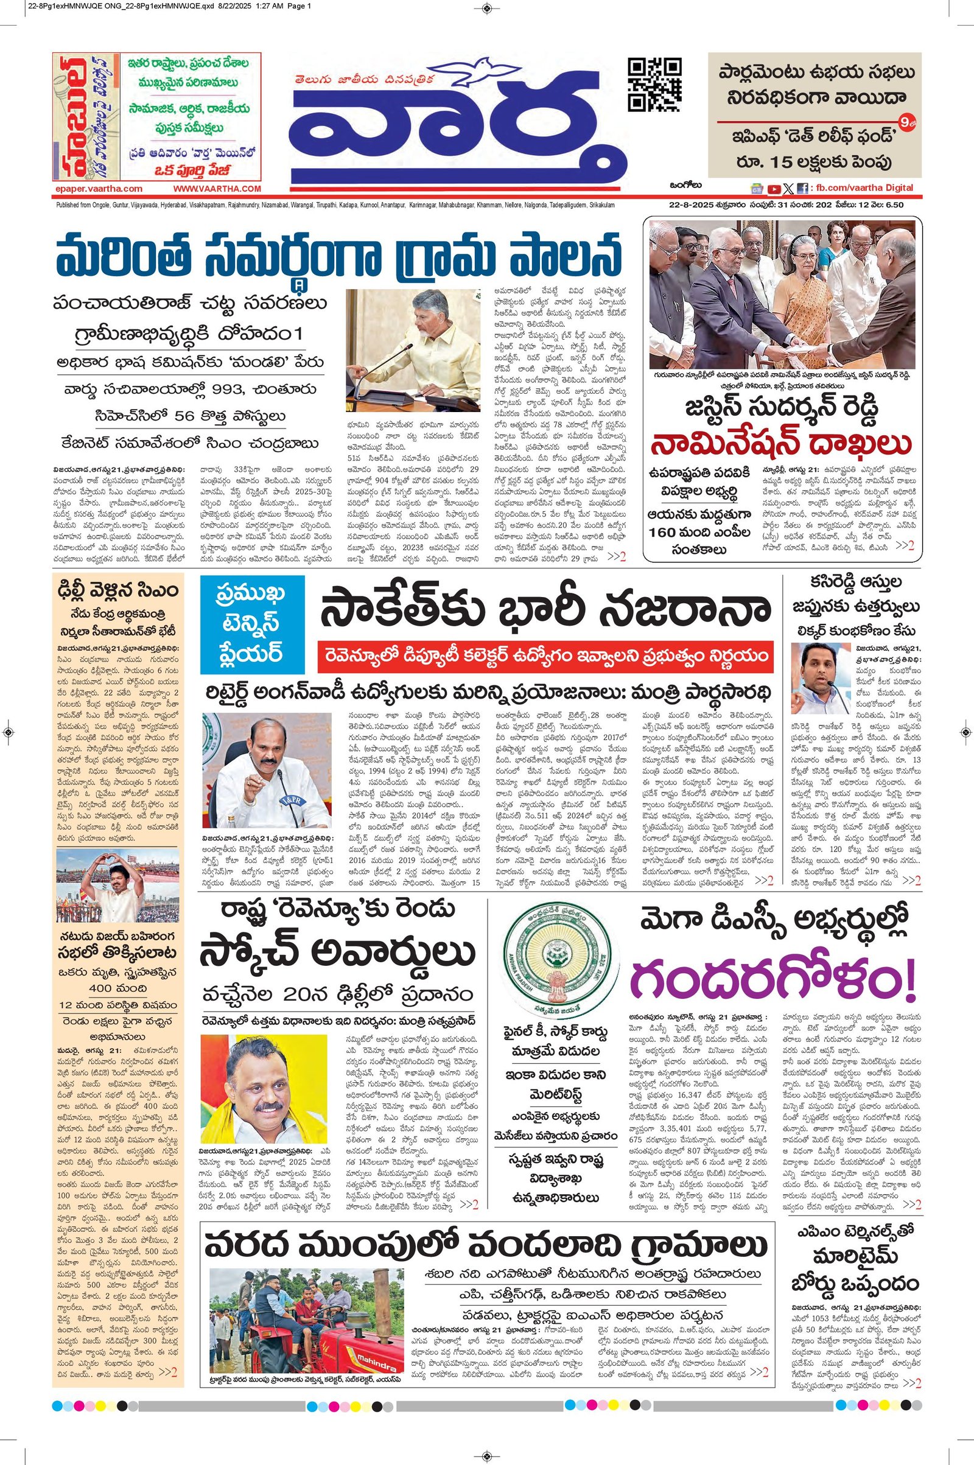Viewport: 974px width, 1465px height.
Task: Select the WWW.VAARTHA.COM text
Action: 217,189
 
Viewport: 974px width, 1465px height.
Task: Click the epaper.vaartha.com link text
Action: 98,189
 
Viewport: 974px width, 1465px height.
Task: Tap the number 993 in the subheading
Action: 200,390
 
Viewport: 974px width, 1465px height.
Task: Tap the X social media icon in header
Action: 788,189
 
